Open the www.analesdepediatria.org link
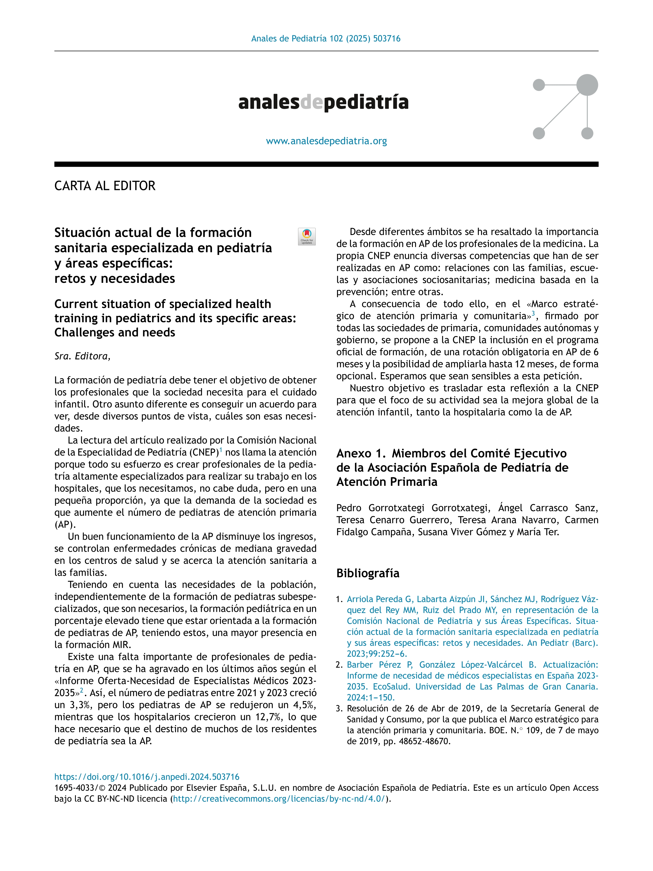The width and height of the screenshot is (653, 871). (x=326, y=141)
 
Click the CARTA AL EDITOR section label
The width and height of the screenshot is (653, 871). (x=105, y=186)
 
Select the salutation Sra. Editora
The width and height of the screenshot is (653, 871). (x=82, y=356)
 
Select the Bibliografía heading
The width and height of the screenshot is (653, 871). (x=368, y=573)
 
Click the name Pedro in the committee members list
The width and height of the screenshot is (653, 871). (x=349, y=508)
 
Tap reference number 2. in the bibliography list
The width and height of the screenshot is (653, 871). (x=339, y=665)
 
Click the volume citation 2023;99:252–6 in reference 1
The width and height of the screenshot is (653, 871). (x=376, y=654)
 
